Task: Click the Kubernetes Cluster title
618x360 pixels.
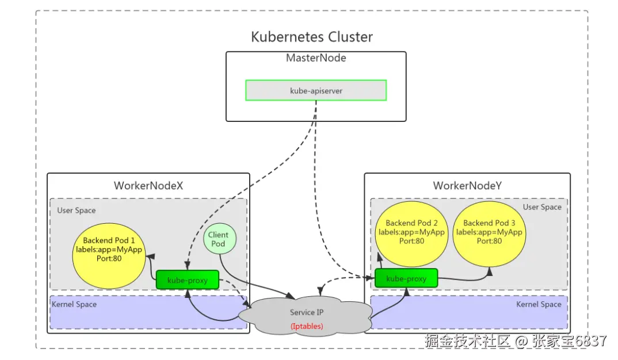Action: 312,37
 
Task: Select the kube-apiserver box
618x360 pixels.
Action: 316,90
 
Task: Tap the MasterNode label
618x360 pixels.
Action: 316,58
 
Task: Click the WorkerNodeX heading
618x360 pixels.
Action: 148,186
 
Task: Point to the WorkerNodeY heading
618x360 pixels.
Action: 467,186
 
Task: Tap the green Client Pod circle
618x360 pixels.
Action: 218,239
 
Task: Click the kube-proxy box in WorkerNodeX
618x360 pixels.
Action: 188,280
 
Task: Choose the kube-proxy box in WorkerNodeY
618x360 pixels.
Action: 406,278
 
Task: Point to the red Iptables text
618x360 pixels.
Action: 307,326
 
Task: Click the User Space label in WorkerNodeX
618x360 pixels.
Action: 77,210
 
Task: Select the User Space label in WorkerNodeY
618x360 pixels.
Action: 541,207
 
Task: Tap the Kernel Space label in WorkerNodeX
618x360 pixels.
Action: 74,304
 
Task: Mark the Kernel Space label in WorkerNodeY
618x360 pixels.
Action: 538,304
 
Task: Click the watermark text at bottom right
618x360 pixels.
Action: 516,341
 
